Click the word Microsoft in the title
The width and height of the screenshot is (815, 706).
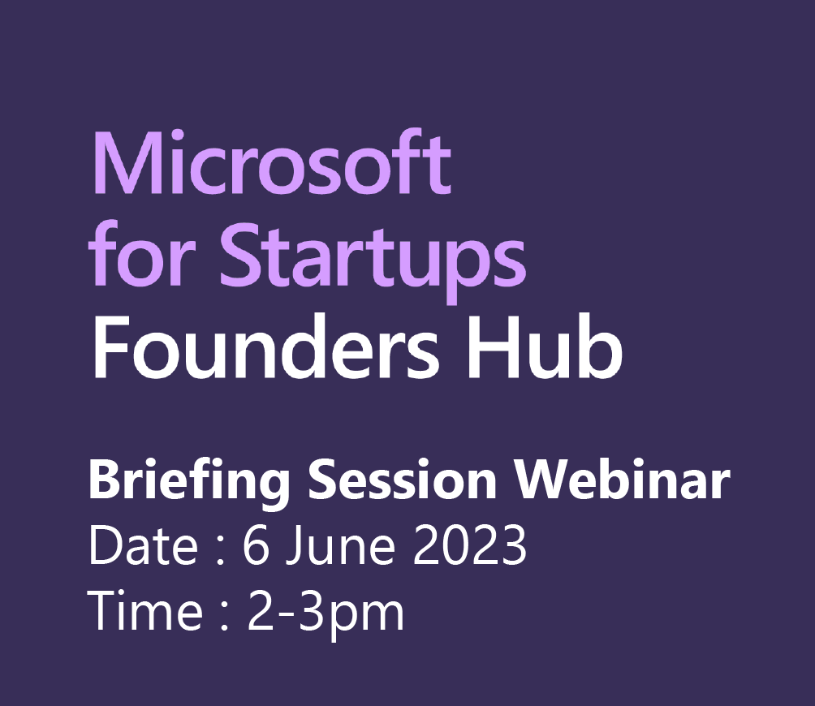271,162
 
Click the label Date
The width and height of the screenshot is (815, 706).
144,545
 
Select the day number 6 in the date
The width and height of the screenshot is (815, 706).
257,545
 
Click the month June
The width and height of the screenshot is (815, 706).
339,545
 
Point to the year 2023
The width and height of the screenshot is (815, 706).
470,545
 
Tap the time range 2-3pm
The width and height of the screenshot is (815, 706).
326,613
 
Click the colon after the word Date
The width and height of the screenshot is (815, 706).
220,552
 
